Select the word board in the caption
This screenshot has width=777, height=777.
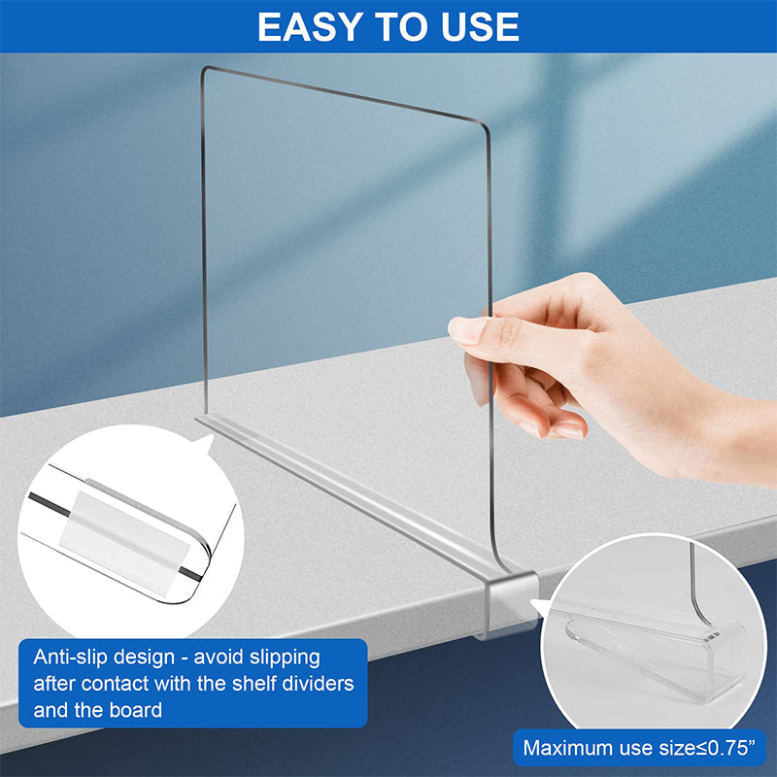[135, 710]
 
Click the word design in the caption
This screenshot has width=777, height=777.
[143, 657]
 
